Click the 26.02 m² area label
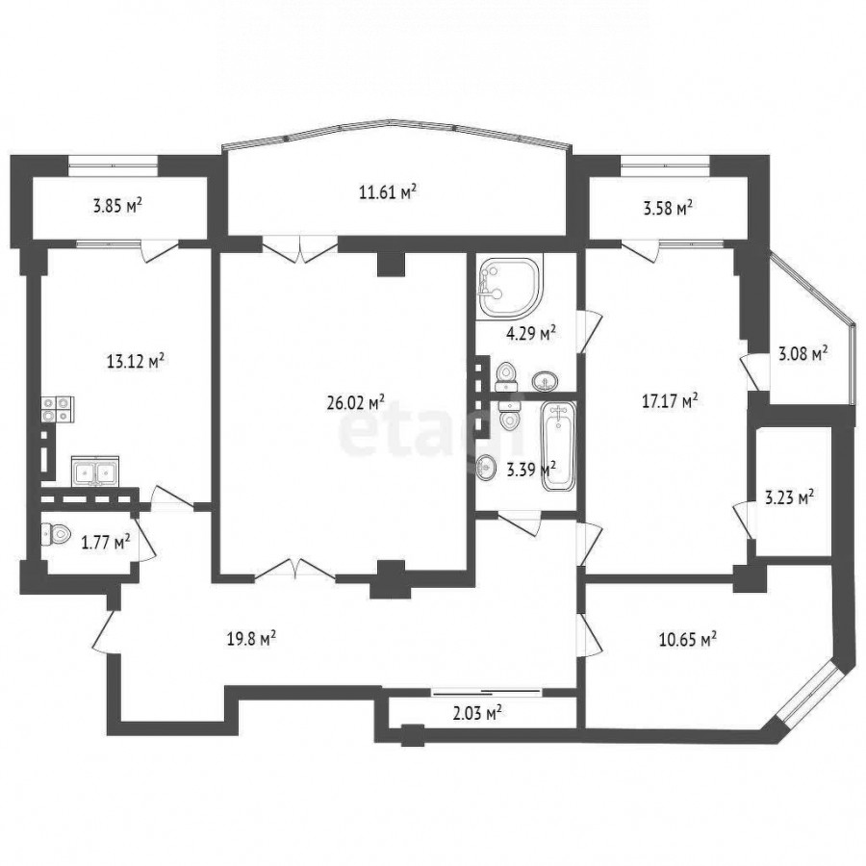[356, 402]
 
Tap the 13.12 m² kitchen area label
[136, 361]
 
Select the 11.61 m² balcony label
[387, 192]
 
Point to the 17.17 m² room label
[670, 400]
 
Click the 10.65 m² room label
[688, 640]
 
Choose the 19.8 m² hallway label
[251, 640]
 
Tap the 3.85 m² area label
[117, 207]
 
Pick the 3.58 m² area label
[669, 209]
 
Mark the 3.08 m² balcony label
[802, 353]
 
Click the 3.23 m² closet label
[789, 497]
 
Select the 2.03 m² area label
[477, 714]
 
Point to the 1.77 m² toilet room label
[106, 543]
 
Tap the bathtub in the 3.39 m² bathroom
[558, 446]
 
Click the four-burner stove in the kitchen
[58, 410]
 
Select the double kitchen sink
[95, 471]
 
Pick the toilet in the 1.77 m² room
[56, 534]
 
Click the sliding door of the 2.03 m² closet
[486, 691]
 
